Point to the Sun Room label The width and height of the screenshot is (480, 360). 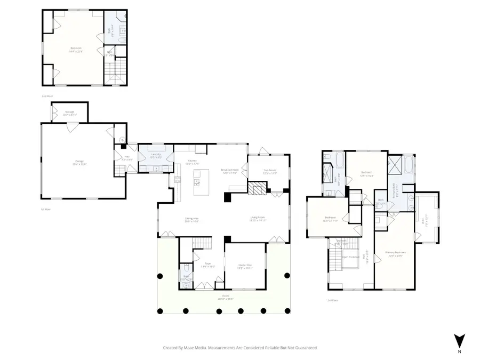tap(270, 171)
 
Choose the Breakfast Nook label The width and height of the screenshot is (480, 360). tap(230, 171)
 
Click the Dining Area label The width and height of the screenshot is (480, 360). tap(191, 219)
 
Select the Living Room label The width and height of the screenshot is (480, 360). tap(258, 218)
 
